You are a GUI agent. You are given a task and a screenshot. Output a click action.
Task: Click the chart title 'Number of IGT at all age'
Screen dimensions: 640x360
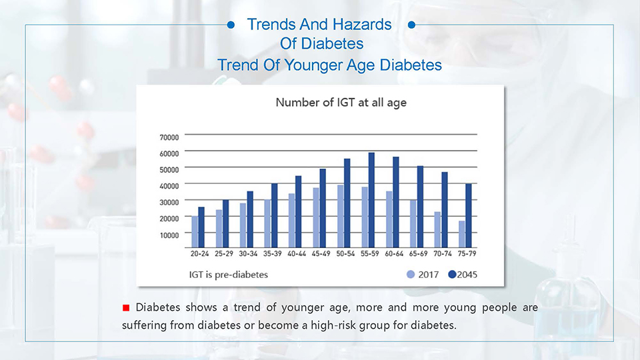click(341, 103)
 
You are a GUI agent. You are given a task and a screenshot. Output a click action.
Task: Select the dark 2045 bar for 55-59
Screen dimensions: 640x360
click(371, 200)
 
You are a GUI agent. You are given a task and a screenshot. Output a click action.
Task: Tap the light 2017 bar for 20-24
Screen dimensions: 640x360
click(195, 232)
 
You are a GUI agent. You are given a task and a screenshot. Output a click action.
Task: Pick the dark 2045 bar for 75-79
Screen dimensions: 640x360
click(469, 215)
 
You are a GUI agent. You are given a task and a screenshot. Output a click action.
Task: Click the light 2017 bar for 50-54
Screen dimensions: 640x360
click(341, 216)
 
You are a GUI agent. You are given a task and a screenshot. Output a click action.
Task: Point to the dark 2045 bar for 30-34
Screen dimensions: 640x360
click(250, 219)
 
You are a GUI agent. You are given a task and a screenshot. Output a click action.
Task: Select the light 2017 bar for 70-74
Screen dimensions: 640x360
click(437, 230)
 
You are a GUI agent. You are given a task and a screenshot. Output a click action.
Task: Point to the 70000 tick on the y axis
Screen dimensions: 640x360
click(169, 137)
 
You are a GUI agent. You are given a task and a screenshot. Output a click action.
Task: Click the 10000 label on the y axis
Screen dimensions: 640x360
click(169, 235)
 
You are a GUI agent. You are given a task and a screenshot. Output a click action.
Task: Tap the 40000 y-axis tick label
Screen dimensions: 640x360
click(169, 186)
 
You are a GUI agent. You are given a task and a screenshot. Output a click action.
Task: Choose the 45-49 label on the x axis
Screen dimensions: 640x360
click(321, 253)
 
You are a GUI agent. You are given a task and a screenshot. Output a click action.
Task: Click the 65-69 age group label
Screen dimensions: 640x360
click(419, 253)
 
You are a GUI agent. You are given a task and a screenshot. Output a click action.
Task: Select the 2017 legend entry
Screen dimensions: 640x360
click(423, 275)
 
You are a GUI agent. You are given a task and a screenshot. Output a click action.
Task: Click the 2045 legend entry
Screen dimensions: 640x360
click(463, 275)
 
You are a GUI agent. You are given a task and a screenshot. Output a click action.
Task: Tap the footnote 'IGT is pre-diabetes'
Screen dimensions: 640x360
click(229, 275)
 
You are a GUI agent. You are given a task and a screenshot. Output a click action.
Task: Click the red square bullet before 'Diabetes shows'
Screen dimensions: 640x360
click(126, 308)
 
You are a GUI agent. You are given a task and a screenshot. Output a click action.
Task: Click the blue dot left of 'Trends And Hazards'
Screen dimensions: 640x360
click(231, 25)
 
